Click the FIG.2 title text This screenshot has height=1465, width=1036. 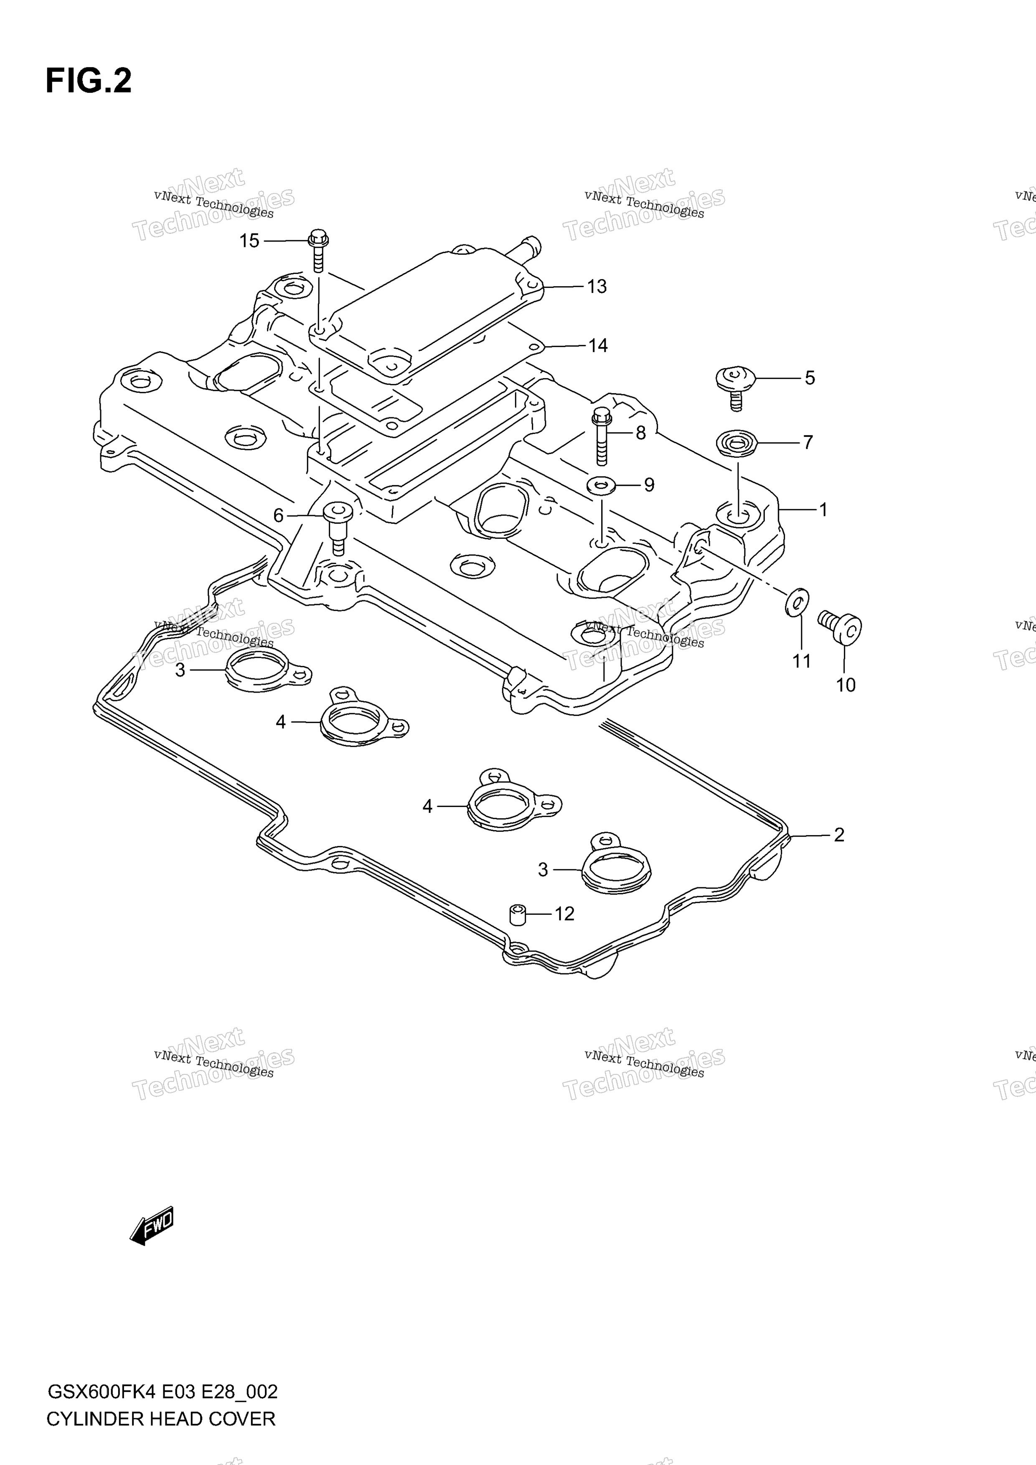click(89, 81)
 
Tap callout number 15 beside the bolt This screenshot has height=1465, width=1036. click(249, 241)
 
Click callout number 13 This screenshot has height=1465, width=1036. click(597, 287)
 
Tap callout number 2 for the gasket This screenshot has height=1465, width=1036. click(839, 835)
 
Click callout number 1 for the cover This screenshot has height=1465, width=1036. click(823, 509)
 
